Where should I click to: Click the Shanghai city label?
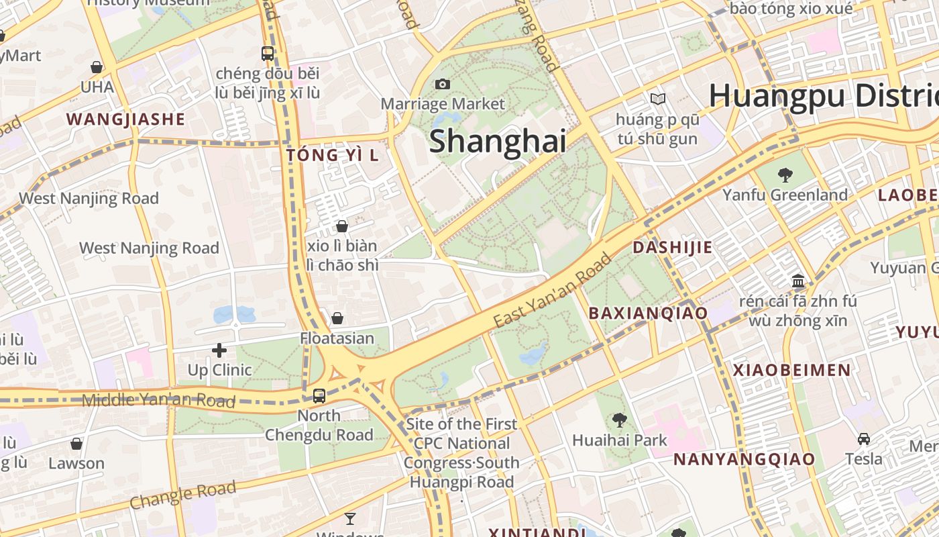click(497, 142)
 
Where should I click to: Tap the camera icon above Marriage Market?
click(442, 84)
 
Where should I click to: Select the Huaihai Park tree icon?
click(619, 420)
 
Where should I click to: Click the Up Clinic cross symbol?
click(219, 350)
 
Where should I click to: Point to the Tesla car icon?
click(864, 439)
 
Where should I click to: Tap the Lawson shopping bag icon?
click(76, 444)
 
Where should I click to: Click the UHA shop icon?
click(97, 67)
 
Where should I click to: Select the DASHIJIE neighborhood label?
click(673, 248)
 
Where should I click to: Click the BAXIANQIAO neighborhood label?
click(648, 313)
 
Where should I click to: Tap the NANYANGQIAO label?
click(744, 459)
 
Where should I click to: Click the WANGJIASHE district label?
click(125, 119)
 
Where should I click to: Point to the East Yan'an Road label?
click(553, 291)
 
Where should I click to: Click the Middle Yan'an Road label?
click(158, 401)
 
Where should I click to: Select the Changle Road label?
click(183, 495)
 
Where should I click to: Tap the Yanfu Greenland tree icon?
click(785, 175)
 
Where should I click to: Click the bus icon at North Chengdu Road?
click(319, 395)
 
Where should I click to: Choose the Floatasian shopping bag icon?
click(337, 318)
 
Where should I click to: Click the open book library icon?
click(658, 99)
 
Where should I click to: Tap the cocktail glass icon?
click(350, 518)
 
